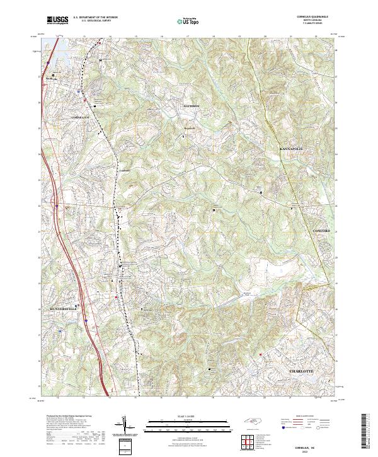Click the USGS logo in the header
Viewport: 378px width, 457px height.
(57, 21)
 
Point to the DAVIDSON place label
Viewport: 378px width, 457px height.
(190, 106)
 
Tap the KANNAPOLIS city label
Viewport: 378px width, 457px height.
(292, 148)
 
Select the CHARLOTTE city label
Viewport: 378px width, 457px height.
(301, 372)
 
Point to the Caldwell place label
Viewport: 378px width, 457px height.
(123, 170)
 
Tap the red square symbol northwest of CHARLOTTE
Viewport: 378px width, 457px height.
(259, 355)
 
